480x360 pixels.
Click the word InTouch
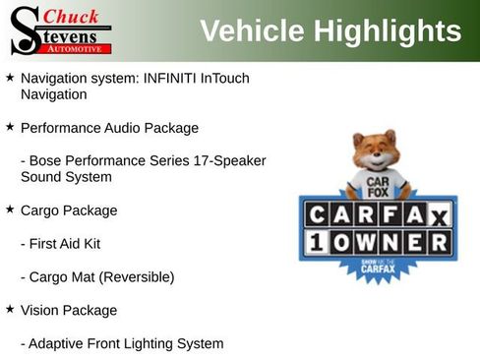tap(236, 78)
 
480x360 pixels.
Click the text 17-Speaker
tap(231, 160)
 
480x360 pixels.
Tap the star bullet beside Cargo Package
tap(10, 209)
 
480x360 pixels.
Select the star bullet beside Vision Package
tap(10, 309)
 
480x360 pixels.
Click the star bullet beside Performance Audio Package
tap(10, 126)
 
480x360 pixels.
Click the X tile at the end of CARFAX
tap(441, 215)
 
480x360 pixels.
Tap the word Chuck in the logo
tap(72, 16)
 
